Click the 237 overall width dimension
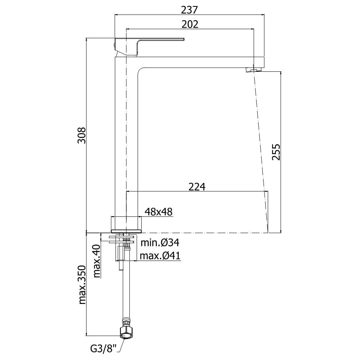click(189, 10)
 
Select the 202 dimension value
click(190, 24)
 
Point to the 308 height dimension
click(81, 135)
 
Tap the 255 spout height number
click(276, 152)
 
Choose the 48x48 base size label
click(159, 212)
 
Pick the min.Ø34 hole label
click(160, 243)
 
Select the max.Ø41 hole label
click(160, 256)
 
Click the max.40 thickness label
click(97, 261)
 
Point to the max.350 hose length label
click(82, 285)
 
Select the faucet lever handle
click(149, 46)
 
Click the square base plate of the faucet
click(126, 231)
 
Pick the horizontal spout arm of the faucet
click(201, 62)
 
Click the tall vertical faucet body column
click(126, 143)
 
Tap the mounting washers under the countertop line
click(122, 239)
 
